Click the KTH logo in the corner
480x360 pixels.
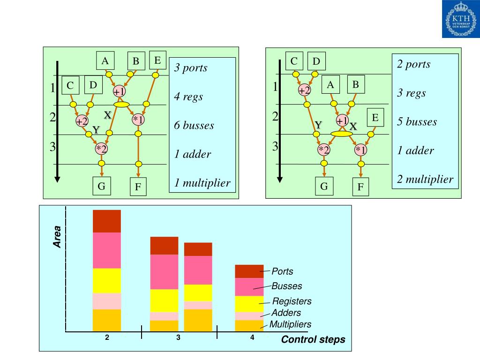point(460,19)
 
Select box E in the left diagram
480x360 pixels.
point(157,60)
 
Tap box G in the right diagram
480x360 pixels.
point(324,187)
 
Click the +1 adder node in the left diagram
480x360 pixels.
point(120,91)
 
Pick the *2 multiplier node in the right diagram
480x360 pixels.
point(324,150)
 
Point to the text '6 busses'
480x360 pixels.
point(194,126)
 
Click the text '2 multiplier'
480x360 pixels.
point(425,179)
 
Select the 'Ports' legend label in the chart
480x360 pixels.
point(282,271)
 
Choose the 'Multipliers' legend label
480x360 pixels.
point(290,324)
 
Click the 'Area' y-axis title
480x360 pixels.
point(57,237)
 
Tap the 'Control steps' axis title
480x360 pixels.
point(313,340)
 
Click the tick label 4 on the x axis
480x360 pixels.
point(252,338)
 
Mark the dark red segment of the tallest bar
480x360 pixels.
point(107,221)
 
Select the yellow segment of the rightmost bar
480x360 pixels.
point(249,304)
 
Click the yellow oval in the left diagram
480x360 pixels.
point(121,105)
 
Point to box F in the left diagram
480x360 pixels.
point(138,188)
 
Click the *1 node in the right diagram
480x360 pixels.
point(360,150)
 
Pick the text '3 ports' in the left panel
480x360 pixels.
point(191,68)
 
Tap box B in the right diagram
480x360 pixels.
point(355,85)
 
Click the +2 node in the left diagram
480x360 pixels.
point(82,121)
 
